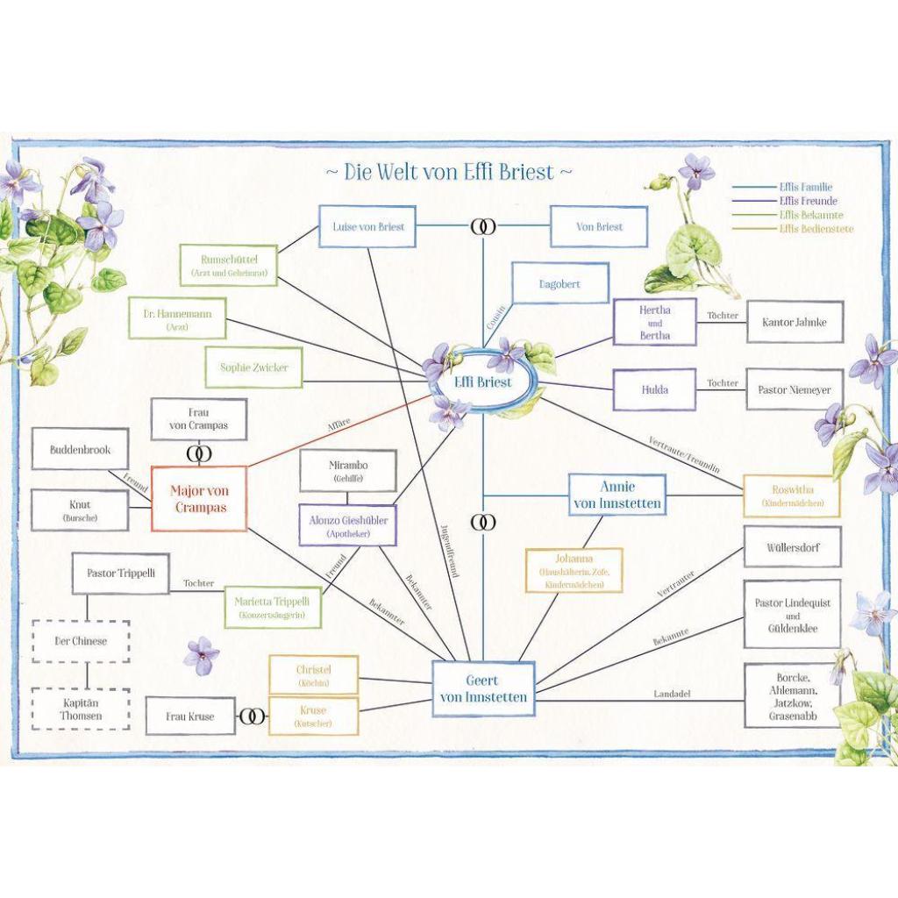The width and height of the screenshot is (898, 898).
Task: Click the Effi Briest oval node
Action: point(482,383)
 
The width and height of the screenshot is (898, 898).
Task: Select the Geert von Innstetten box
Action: point(483,688)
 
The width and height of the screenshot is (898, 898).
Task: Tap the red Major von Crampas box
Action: point(198,498)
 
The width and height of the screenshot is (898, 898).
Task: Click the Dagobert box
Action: point(559,285)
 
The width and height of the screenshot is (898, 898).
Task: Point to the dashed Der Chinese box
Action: point(81,641)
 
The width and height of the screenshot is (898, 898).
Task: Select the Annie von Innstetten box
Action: point(617,495)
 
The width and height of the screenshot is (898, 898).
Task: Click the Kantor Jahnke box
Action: point(795,322)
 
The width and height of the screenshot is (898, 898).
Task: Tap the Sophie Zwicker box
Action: point(254,368)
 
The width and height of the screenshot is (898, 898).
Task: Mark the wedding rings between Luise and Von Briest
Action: point(482,227)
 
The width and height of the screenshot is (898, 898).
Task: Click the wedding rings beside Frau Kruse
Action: point(253,716)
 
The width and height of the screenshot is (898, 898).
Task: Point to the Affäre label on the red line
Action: point(339,424)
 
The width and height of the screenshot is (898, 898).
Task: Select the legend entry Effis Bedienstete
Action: point(816,229)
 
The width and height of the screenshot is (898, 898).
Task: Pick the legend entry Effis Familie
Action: point(805,187)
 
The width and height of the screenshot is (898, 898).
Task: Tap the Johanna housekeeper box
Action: point(574,570)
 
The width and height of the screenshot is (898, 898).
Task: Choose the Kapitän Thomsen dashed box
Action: point(81,709)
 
